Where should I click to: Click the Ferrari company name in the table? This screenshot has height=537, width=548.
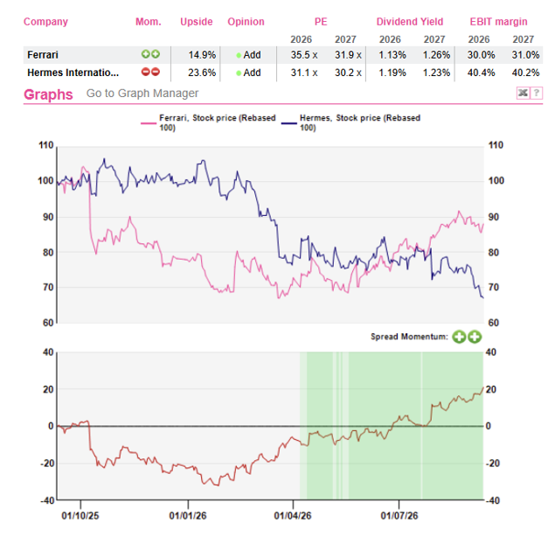pyautogui.click(x=43, y=55)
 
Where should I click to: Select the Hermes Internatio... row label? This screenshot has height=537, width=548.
pyautogui.click(x=73, y=73)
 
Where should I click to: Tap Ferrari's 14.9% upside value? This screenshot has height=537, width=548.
pyautogui.click(x=202, y=55)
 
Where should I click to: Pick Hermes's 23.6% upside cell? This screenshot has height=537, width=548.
pyautogui.click(x=202, y=73)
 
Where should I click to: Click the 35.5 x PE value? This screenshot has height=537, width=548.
pyautogui.click(x=304, y=55)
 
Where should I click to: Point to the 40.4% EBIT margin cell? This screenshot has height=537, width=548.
pyautogui.click(x=482, y=73)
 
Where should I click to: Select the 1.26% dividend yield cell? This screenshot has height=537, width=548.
pyautogui.click(x=436, y=55)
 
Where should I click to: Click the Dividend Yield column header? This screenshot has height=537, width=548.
pyautogui.click(x=410, y=22)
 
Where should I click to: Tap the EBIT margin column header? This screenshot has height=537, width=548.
pyautogui.click(x=498, y=22)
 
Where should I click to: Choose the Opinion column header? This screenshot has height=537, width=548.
pyautogui.click(x=246, y=22)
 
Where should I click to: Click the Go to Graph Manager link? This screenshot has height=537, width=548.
pyautogui.click(x=142, y=94)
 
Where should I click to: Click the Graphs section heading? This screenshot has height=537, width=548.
pyautogui.click(x=48, y=94)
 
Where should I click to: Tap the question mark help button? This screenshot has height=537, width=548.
pyautogui.click(x=537, y=93)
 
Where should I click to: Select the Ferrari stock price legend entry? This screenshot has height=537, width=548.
pyautogui.click(x=208, y=122)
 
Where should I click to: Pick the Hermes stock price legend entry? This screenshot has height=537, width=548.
pyautogui.click(x=350, y=122)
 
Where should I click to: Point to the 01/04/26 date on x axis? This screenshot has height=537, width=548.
pyautogui.click(x=293, y=516)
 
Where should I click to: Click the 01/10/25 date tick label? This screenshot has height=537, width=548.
pyautogui.click(x=80, y=516)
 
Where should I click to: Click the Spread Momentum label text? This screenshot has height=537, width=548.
pyautogui.click(x=409, y=337)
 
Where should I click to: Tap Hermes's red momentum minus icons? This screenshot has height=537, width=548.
pyautogui.click(x=150, y=72)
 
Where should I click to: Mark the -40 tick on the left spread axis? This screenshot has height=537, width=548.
pyautogui.click(x=47, y=500)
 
